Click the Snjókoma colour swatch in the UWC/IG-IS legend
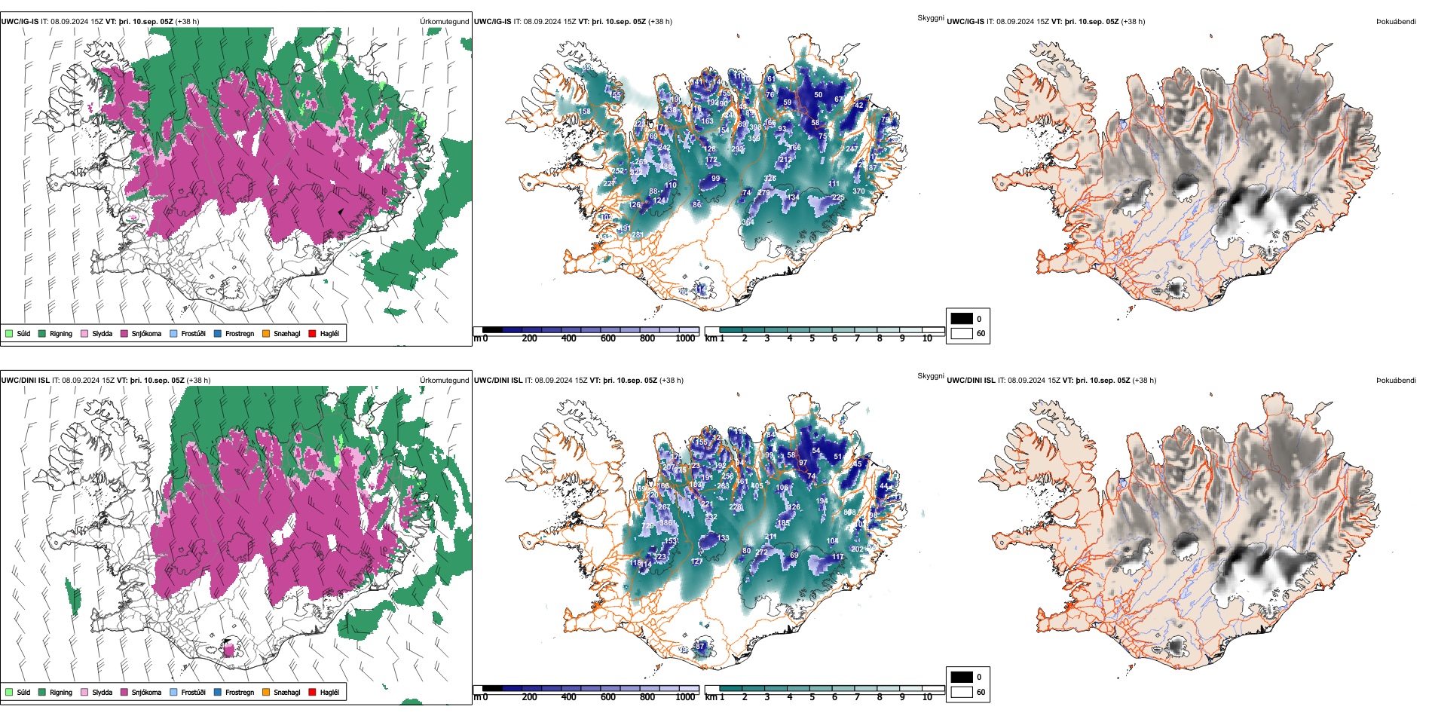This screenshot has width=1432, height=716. pos(124,333)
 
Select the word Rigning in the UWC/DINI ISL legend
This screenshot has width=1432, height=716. pos(61,692)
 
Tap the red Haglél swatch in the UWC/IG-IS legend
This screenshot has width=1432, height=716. pos(313,333)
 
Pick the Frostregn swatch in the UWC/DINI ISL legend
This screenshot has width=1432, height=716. pos(218,692)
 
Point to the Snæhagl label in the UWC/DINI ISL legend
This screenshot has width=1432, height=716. pos(286,692)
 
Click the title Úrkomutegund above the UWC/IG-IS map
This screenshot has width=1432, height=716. pos(444,22)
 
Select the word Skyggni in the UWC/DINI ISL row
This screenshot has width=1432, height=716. pos(930,375)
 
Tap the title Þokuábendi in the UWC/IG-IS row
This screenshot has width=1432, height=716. pos(1396,22)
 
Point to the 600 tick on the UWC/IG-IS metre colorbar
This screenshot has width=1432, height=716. pos(607,338)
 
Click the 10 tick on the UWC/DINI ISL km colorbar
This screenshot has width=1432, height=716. pos(927,697)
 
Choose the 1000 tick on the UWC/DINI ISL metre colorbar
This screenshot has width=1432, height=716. pos(685,697)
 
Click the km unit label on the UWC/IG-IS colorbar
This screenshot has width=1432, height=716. pos(711,338)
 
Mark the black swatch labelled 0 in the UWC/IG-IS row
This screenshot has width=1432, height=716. pos(962,319)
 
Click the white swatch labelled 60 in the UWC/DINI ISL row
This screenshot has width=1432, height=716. pos(962,692)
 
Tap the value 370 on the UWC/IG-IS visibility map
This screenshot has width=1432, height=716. pos(858,191)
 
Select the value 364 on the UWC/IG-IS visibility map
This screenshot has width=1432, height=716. pos(748,222)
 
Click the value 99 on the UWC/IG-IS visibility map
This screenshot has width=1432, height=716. pos(715,179)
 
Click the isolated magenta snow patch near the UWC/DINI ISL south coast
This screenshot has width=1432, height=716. pos(229,650)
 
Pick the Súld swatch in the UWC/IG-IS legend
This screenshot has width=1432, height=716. pos(9,333)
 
